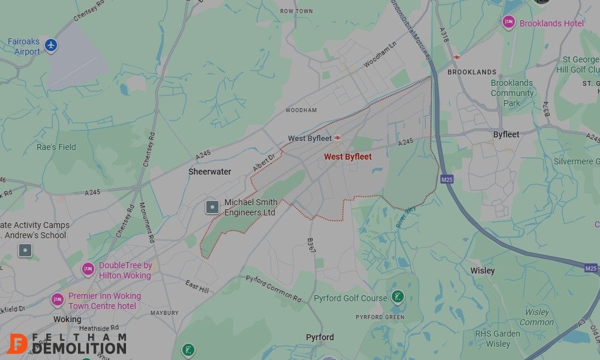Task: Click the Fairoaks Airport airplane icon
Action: pos(51,44)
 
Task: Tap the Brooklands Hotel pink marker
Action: pos(509,23)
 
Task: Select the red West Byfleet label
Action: pos(347,157)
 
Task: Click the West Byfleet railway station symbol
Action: pos(338,138)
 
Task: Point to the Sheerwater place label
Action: pos(209,172)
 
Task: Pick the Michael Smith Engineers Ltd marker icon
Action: pos(212,208)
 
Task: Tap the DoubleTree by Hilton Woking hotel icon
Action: pos(88,269)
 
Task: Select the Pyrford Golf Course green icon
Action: pos(397,296)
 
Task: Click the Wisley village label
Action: pos(482,271)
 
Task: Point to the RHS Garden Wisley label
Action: pos(497,338)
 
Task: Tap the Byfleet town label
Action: pos(506,134)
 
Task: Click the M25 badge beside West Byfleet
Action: pos(446,179)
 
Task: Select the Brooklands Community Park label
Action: pos(512,93)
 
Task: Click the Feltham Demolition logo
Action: pos(67,343)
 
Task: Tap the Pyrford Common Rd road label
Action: pos(274,288)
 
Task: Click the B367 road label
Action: pos(311,245)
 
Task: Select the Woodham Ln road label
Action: pos(380,55)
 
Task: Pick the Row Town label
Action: pos(296,11)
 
